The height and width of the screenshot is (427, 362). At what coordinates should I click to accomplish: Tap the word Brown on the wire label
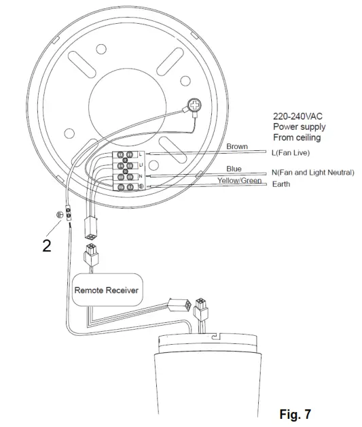click(x=238, y=146)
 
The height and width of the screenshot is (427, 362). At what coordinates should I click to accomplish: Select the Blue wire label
click(x=234, y=169)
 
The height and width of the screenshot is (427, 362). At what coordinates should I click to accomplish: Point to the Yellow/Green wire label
click(x=239, y=181)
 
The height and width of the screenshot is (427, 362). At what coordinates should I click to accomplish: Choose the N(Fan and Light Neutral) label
click(x=313, y=173)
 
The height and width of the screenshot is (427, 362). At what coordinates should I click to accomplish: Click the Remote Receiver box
click(x=106, y=290)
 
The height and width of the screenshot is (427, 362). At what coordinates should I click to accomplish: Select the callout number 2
click(x=46, y=246)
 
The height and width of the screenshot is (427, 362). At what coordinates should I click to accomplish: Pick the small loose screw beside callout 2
click(x=58, y=215)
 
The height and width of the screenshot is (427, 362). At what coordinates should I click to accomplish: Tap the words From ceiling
click(x=297, y=137)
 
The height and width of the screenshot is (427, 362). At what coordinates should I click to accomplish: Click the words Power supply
click(x=299, y=126)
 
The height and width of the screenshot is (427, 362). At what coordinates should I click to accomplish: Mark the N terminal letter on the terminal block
click(x=140, y=175)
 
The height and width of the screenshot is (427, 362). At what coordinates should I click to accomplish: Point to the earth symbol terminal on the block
click(x=140, y=186)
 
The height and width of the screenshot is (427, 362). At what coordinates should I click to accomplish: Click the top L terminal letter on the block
click(x=140, y=155)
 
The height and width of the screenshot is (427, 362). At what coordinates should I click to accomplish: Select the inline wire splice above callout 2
click(x=69, y=211)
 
